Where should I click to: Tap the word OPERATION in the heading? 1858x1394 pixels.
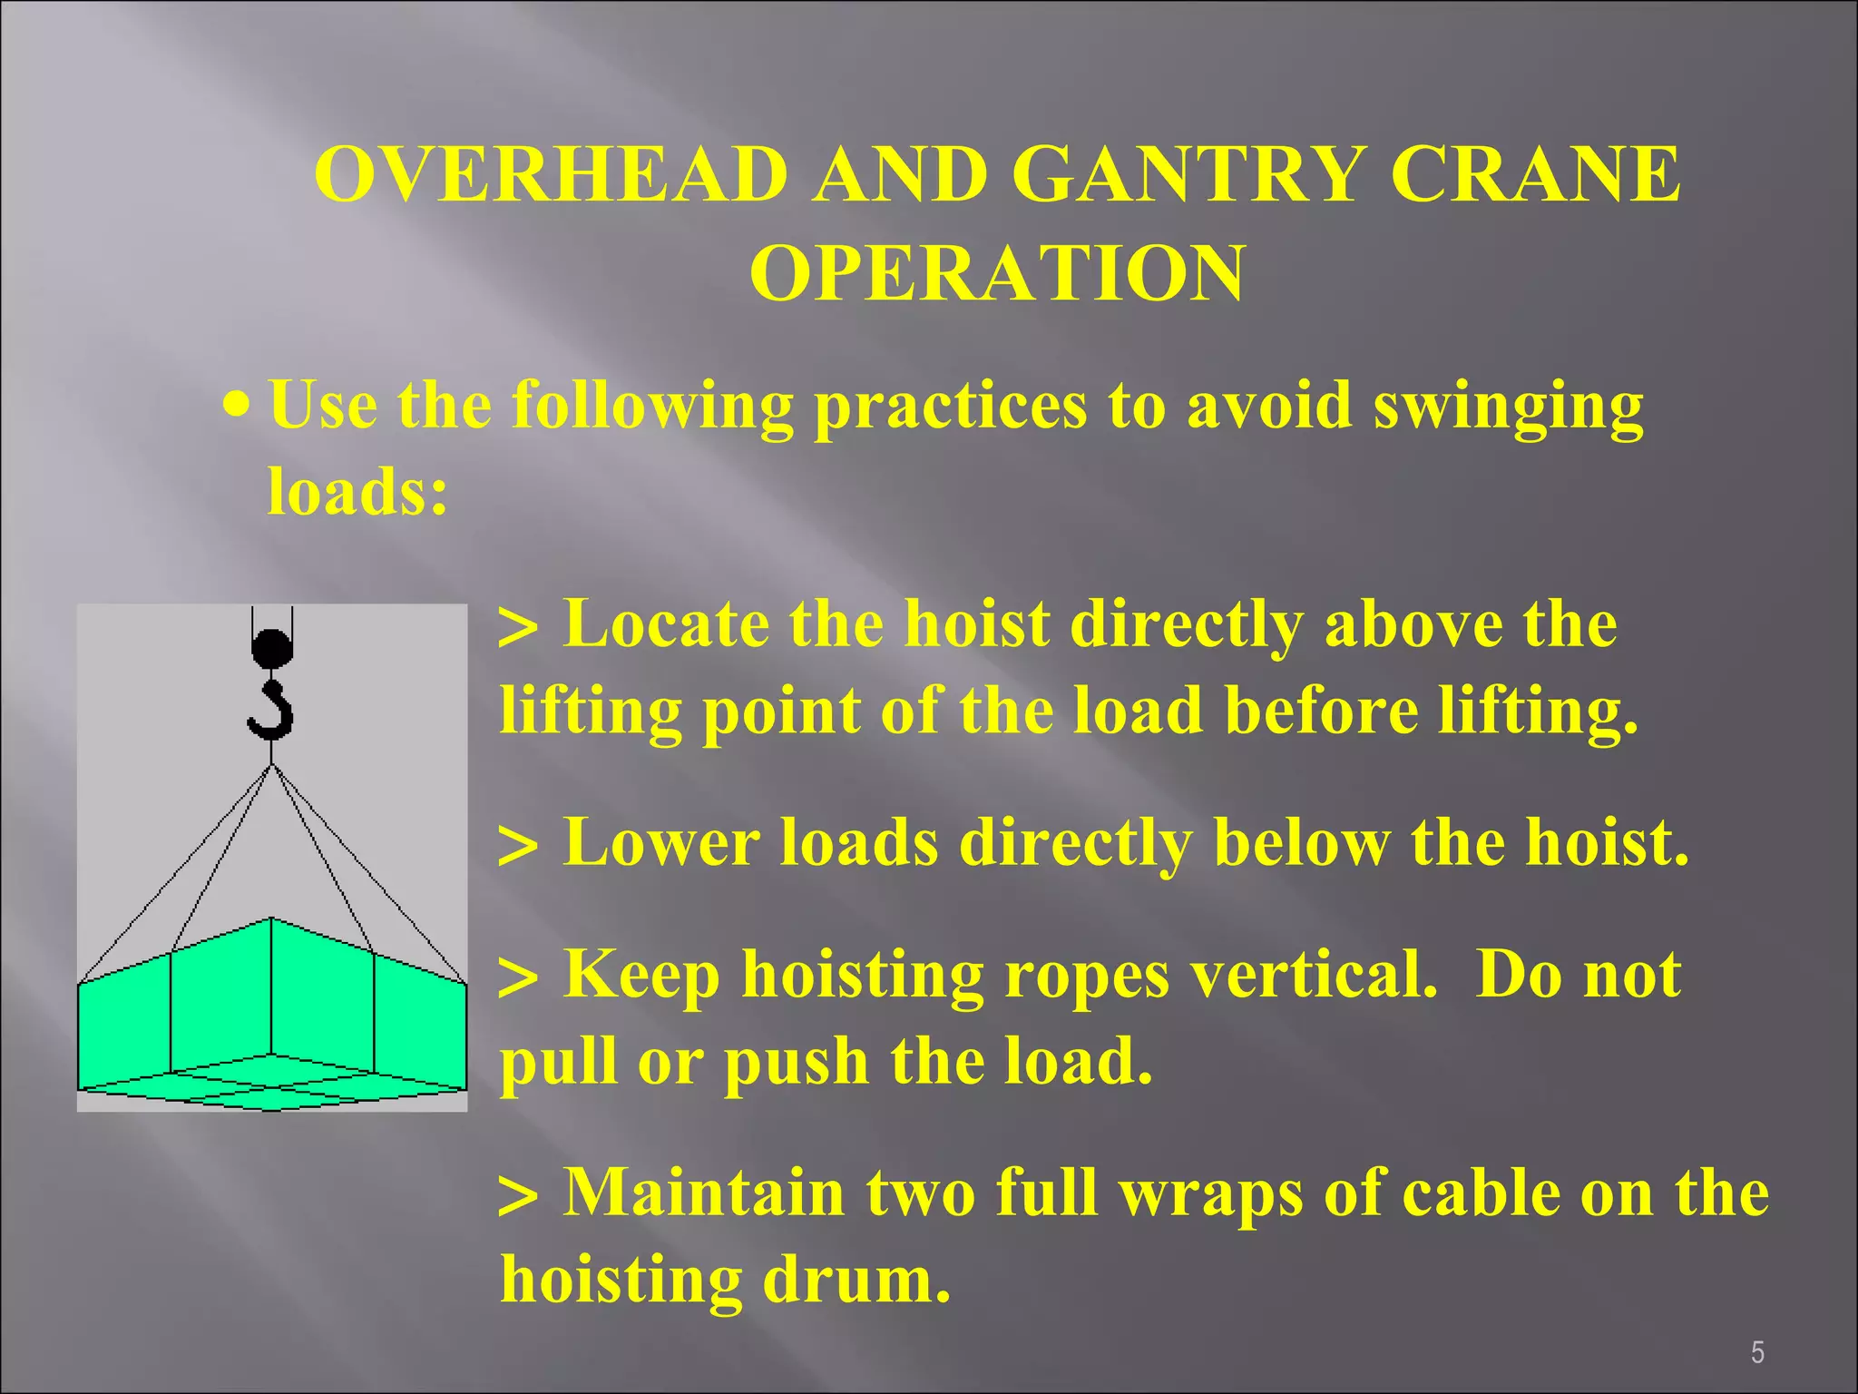coord(996,273)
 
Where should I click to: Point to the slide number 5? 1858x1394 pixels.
coord(1757,1353)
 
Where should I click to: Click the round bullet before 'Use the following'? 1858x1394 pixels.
coord(237,402)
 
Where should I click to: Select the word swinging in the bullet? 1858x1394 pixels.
coord(1507,406)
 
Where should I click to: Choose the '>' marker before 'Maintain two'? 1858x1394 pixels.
coord(518,1196)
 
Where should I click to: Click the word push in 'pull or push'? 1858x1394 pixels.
coord(796,1062)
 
